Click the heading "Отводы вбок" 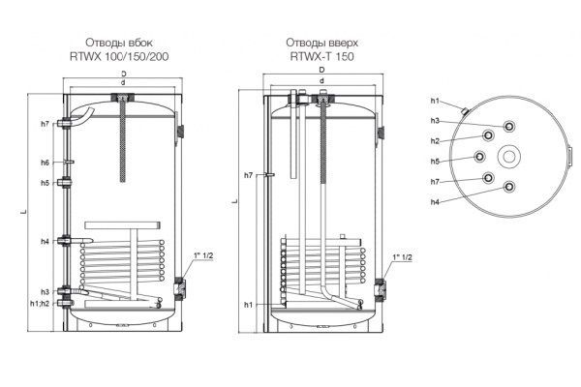pos(118,43)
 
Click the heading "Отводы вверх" pos(322,43)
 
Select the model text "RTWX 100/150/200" pos(119,56)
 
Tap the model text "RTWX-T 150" pos(322,56)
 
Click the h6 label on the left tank pos(45,163)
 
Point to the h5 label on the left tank pos(45,183)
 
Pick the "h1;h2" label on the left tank pos(40,303)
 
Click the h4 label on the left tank pos(45,242)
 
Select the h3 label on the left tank pos(45,291)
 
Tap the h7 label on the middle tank pos(248,175)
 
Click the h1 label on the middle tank pos(248,305)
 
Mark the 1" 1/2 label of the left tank pos(203,255)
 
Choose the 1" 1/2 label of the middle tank pos(402,257)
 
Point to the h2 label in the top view pos(435,141)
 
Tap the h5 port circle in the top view pos(480,157)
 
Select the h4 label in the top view pos(435,202)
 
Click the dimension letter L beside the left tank pos(23,212)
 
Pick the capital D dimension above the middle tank pos(322,70)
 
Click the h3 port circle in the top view pos(509,127)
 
